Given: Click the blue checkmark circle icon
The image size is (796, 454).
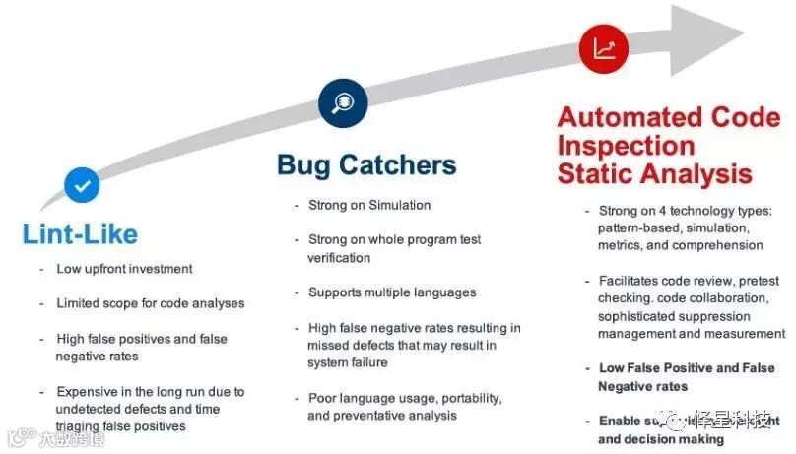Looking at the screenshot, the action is pyautogui.click(x=83, y=184).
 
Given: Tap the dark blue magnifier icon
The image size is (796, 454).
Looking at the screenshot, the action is pyautogui.click(x=342, y=101).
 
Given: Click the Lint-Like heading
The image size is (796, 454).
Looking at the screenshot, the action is pyautogui.click(x=80, y=234).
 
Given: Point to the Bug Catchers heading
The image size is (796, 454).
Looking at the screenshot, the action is pyautogui.click(x=366, y=164).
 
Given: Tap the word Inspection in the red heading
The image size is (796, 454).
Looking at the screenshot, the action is pyautogui.click(x=626, y=146).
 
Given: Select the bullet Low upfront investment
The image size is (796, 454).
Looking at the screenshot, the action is pyautogui.click(x=124, y=269).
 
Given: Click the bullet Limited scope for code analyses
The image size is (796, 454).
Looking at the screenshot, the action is pyautogui.click(x=150, y=303).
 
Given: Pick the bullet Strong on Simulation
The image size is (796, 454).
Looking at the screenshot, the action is pyautogui.click(x=368, y=205).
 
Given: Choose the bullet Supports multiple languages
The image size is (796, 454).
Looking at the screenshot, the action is pyautogui.click(x=392, y=292).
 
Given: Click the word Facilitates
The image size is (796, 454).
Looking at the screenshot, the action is pyautogui.click(x=632, y=281).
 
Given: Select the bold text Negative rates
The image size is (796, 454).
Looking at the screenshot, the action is pyautogui.click(x=642, y=386).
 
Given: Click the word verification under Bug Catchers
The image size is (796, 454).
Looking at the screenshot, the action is pyautogui.click(x=339, y=258).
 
